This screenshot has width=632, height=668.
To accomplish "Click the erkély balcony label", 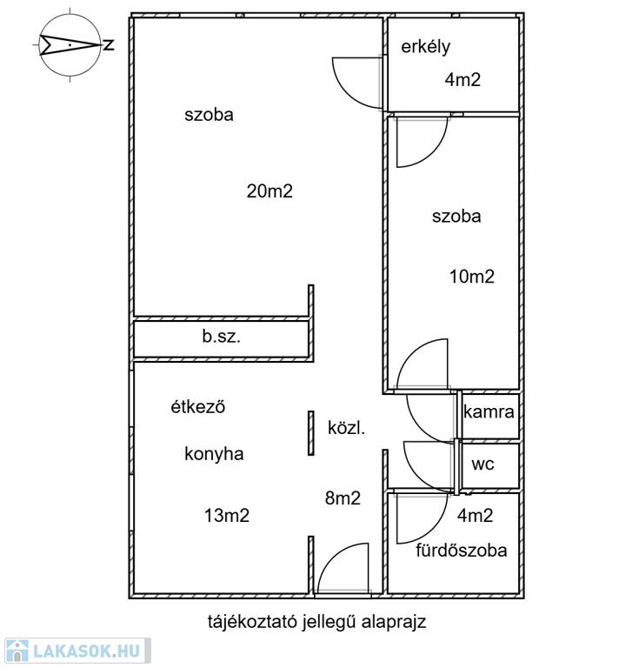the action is pyautogui.click(x=425, y=47).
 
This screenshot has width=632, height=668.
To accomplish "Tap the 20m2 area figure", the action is pyautogui.click(x=269, y=191).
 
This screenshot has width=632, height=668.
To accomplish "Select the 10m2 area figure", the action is pyautogui.click(x=472, y=277).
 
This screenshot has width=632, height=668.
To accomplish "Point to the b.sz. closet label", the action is pyautogui.click(x=222, y=337).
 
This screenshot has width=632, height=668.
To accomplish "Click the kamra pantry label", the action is pyautogui.click(x=489, y=412).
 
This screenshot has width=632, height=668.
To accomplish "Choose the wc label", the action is pyautogui.click(x=483, y=464).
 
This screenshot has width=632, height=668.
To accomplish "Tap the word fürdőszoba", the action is pyautogui.click(x=462, y=551).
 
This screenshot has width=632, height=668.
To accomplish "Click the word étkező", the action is pyautogui.click(x=198, y=407).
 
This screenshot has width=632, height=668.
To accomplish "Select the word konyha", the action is pyautogui.click(x=214, y=454).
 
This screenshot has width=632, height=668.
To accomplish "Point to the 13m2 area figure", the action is pyautogui.click(x=227, y=516).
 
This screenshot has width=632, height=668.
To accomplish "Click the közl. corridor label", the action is pyautogui.click(x=347, y=428).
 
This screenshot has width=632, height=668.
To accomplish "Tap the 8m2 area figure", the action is pyautogui.click(x=343, y=498).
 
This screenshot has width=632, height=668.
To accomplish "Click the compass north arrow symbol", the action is pyautogui.click(x=70, y=44).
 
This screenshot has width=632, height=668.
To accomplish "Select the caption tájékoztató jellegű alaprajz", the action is pyautogui.click(x=316, y=622).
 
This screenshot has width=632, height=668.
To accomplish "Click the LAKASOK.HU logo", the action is pyautogui.click(x=77, y=651).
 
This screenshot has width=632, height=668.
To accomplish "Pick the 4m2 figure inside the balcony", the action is pyautogui.click(x=463, y=80).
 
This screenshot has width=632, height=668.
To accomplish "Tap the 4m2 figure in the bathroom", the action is pyautogui.click(x=476, y=516).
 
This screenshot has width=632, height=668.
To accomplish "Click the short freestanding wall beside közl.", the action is pyautogui.click(x=311, y=433).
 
